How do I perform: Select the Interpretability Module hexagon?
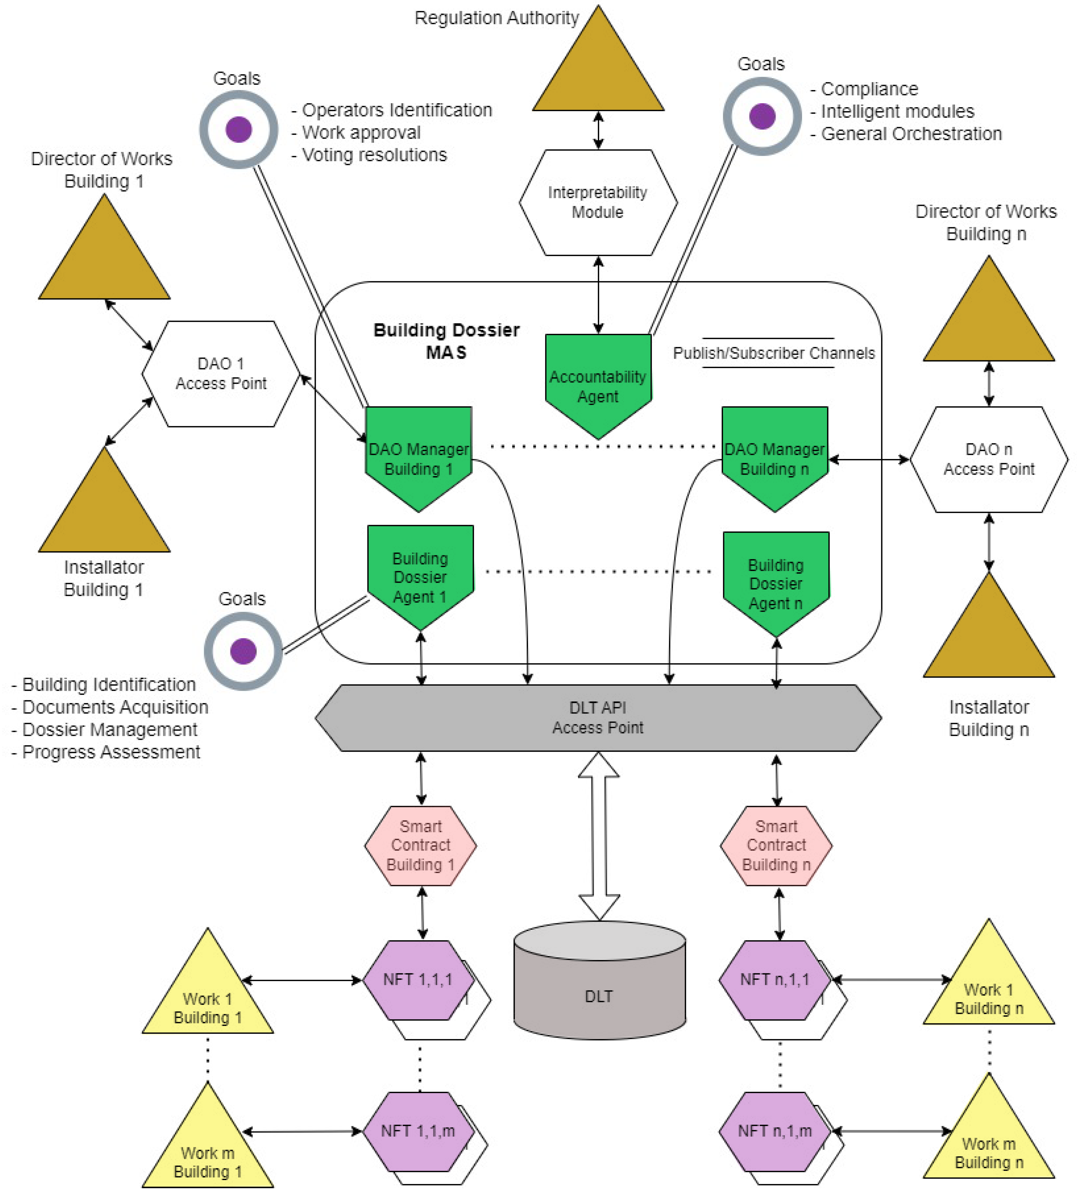(598, 202)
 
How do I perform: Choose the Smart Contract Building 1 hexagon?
(420, 845)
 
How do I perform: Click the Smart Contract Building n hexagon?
(776, 845)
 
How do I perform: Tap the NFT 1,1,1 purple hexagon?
(417, 979)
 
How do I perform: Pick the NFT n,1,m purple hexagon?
(774, 1131)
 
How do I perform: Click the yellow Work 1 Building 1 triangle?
(208, 1000)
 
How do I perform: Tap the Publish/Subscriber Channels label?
(774, 353)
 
